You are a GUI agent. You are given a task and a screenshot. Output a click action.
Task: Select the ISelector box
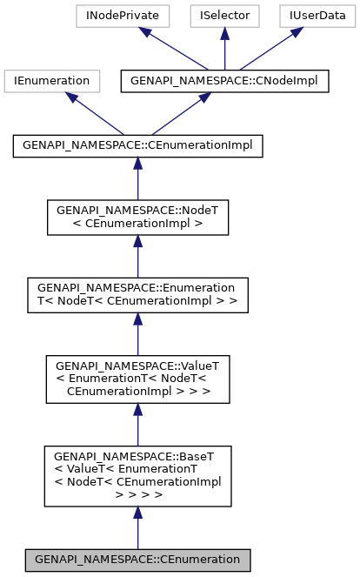coord(224,15)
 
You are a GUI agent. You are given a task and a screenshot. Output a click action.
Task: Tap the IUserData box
coord(316,15)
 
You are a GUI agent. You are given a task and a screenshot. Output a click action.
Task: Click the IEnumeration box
coord(48,81)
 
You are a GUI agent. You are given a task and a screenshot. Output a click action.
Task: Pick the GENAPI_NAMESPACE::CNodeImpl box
coord(205,81)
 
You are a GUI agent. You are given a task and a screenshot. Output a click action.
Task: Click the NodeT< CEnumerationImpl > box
coord(137,217)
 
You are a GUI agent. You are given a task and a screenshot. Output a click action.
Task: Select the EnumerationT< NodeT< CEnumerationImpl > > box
coord(137,295)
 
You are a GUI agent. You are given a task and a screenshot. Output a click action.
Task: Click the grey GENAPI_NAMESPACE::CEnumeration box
coord(137,559)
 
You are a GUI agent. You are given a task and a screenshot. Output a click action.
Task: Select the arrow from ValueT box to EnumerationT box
coord(137,334)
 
